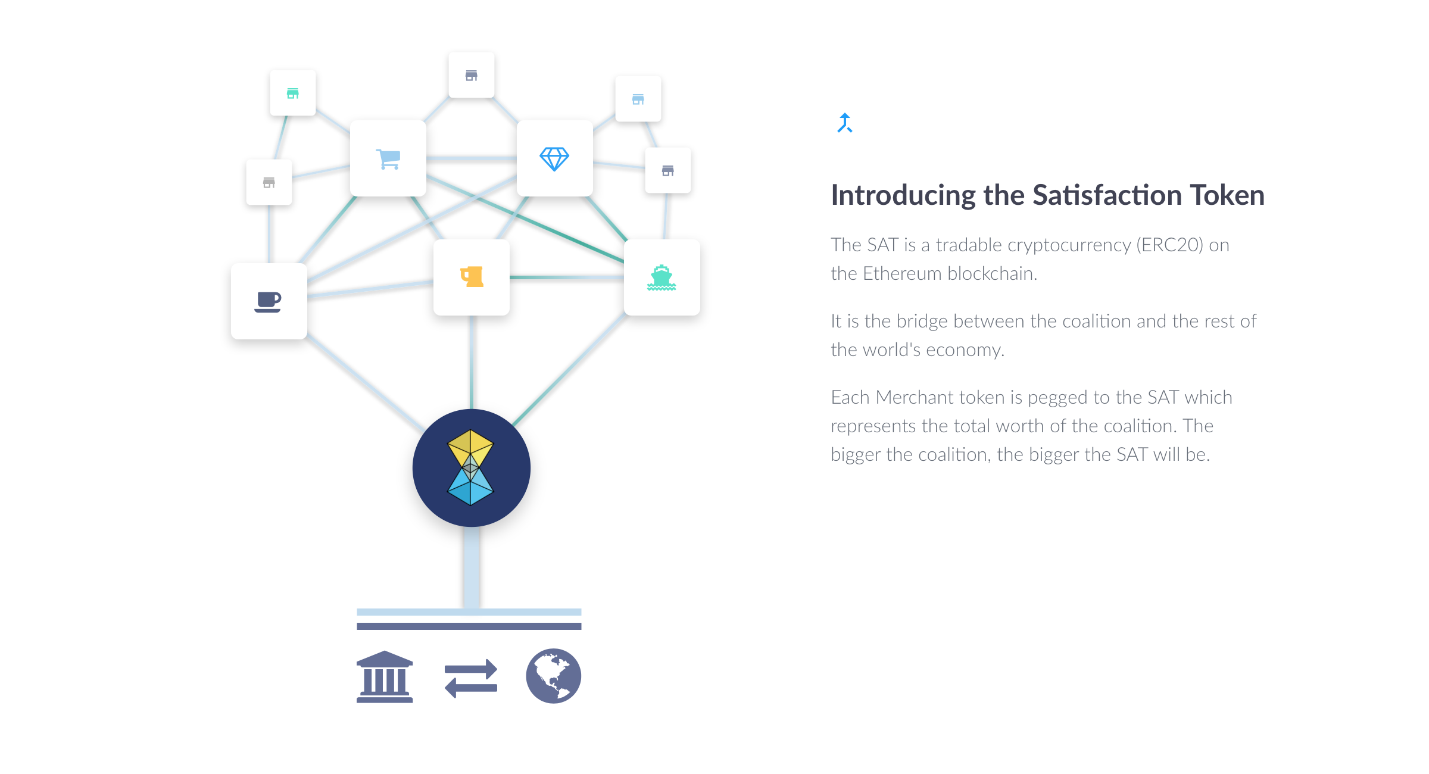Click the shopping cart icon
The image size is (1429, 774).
tap(388, 159)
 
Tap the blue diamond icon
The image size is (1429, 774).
tap(554, 159)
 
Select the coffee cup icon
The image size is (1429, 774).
tap(268, 302)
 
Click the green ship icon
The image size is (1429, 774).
tap(662, 277)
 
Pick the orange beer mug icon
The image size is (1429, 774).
tap(472, 277)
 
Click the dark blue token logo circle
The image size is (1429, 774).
tap(471, 468)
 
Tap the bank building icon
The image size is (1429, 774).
tap(385, 677)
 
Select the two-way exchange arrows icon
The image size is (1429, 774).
tap(471, 678)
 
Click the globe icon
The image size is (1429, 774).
tap(553, 676)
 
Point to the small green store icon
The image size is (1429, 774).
tap(293, 93)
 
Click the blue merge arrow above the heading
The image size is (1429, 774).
tap(845, 123)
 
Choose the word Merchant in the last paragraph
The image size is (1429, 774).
tap(919, 397)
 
